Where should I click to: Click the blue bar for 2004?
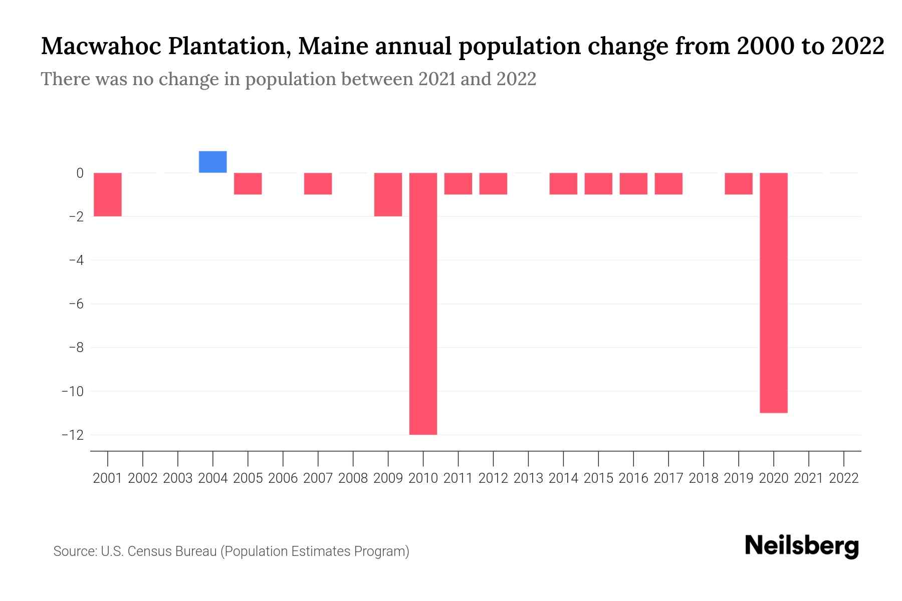(x=212, y=162)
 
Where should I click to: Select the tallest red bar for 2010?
(x=423, y=304)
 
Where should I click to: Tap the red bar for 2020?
(x=774, y=292)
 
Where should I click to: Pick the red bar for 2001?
(x=108, y=194)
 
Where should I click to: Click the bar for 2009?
(x=388, y=194)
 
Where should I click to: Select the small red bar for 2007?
(x=318, y=184)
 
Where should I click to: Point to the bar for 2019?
(x=739, y=184)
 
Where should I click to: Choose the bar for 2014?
(x=563, y=184)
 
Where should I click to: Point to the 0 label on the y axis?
(x=80, y=173)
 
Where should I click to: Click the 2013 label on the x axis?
(x=528, y=478)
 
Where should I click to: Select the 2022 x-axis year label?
(x=844, y=478)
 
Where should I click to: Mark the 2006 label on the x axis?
(x=283, y=478)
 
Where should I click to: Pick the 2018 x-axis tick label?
(x=704, y=478)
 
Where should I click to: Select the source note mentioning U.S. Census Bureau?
(x=232, y=551)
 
